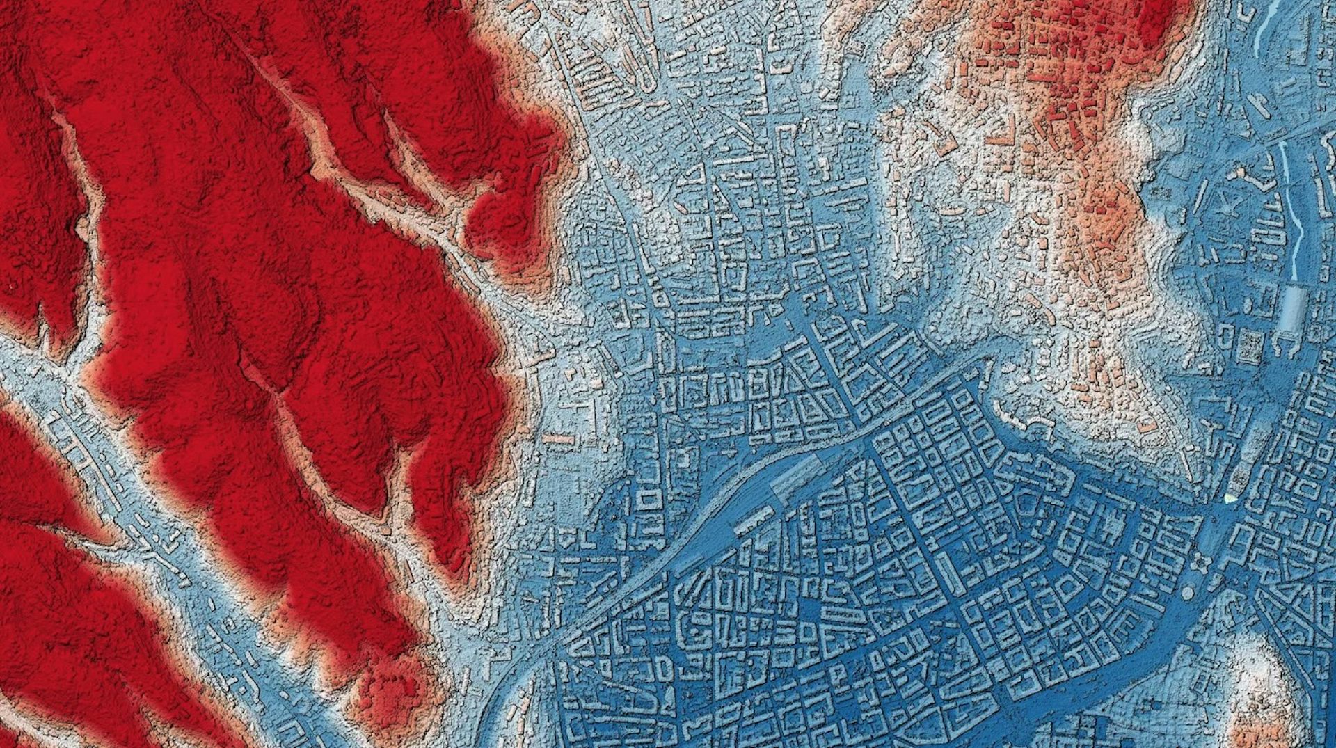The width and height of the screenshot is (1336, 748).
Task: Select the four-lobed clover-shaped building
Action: [1202, 561]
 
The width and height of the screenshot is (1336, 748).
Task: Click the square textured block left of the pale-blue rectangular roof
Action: [1248, 345]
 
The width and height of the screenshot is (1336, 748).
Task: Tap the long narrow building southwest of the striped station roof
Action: [754, 520]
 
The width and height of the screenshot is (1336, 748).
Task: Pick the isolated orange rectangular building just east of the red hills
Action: [558, 439]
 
